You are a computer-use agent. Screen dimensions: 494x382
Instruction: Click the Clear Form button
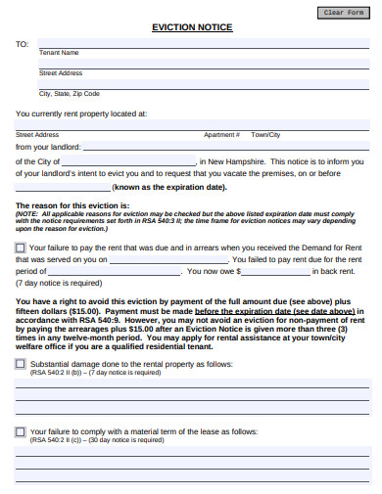tap(343, 12)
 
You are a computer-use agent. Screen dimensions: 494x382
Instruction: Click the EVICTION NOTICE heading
tap(192, 27)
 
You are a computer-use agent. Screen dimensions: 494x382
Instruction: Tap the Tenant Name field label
tap(59, 53)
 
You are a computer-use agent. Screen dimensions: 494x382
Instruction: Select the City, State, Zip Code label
tap(70, 94)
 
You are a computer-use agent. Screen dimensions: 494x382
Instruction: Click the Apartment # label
tap(221, 135)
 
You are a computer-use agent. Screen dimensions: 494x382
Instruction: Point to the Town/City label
tap(265, 135)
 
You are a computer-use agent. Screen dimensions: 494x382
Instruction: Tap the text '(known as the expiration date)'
tap(171, 187)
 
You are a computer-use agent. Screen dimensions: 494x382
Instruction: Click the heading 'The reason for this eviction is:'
tap(72, 205)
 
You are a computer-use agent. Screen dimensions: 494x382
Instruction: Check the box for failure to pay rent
tap(21, 248)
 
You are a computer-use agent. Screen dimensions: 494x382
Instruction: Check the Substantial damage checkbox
tap(21, 363)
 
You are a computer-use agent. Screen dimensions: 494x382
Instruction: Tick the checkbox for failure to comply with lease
tap(21, 430)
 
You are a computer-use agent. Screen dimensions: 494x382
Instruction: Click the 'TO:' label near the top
tap(22, 44)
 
